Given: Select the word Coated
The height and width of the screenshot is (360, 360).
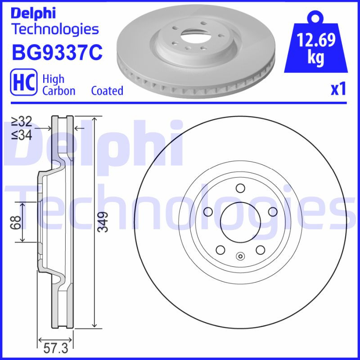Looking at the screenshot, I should pyautogui.click(x=107, y=91).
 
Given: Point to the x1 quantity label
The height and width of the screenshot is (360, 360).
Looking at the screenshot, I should pyautogui.click(x=338, y=90).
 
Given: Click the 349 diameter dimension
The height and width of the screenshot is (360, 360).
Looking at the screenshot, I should pyautogui.click(x=103, y=222).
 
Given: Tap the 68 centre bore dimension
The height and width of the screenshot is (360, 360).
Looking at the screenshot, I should pyautogui.click(x=16, y=222).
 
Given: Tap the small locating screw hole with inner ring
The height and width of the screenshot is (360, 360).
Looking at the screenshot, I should pyautogui.click(x=240, y=257).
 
